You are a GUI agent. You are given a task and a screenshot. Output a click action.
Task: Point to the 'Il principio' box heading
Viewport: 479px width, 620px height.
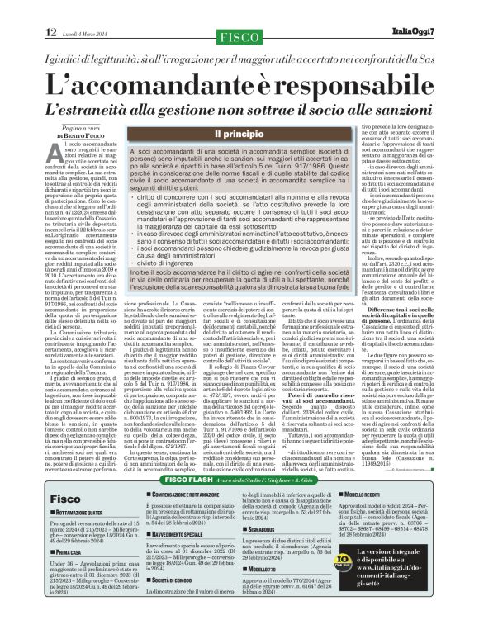pos(239,134)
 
